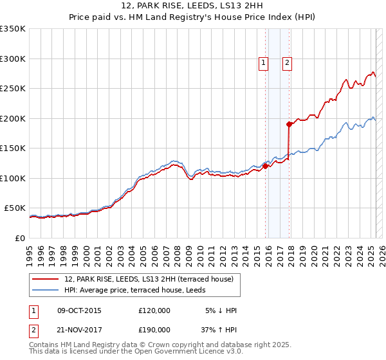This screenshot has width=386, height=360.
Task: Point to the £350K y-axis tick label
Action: [13, 29]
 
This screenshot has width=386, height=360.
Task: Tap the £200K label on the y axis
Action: [13, 118]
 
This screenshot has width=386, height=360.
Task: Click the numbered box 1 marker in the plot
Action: [264, 62]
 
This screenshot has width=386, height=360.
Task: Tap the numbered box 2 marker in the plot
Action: [287, 62]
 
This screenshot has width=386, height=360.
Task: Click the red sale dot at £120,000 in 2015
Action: [265, 166]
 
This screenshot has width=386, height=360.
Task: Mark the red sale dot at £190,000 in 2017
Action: [289, 124]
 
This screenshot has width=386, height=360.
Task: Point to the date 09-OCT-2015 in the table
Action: [79, 310]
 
